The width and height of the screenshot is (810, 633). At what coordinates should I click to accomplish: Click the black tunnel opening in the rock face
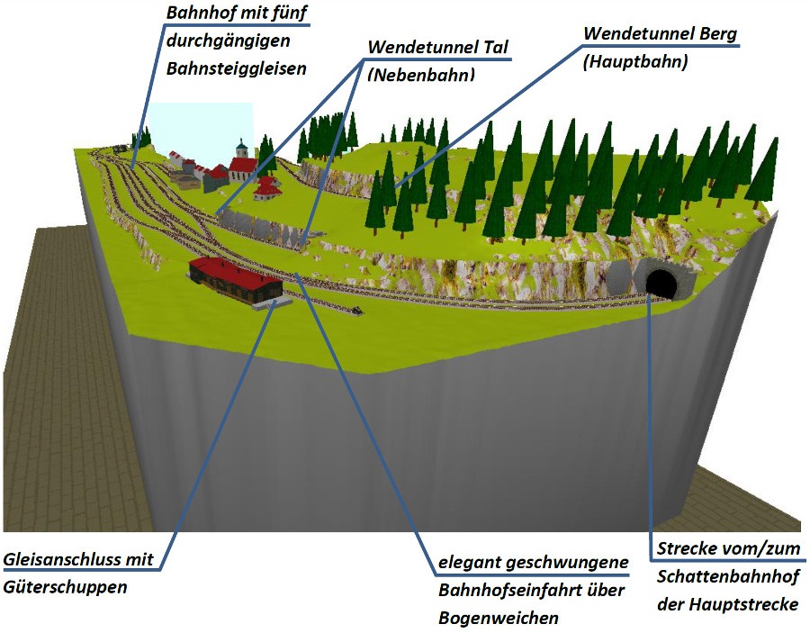pos(661,284)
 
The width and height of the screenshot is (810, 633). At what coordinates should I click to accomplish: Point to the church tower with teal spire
pos(241,149)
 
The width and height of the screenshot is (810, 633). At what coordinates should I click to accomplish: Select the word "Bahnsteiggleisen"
pos(236,68)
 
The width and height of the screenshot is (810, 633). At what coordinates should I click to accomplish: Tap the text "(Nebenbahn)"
pos(420,76)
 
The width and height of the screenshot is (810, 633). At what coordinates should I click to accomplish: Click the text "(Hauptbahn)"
pos(635,62)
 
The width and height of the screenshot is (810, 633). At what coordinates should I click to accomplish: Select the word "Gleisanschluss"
pos(58,559)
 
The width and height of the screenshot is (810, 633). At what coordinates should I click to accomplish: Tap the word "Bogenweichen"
pos(499,619)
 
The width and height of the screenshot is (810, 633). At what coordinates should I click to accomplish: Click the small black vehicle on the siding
pos(358,312)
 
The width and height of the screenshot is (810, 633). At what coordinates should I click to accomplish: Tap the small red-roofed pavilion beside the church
pos(267,187)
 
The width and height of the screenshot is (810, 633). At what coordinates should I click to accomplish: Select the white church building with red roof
pos(241,169)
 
